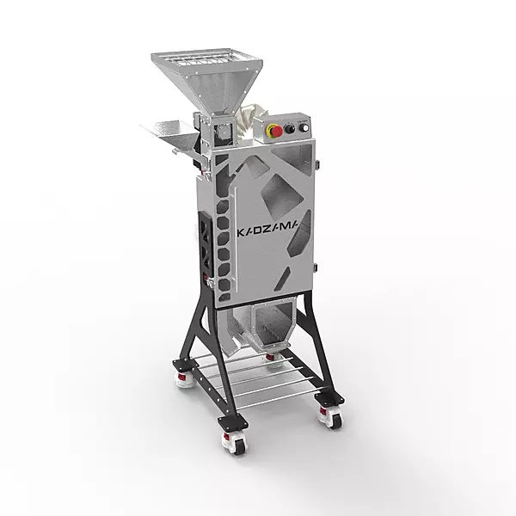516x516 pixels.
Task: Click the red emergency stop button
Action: pyautogui.click(x=276, y=131)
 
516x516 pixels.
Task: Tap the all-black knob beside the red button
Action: pyautogui.click(x=290, y=129)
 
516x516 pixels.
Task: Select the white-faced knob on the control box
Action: pyautogui.click(x=304, y=127)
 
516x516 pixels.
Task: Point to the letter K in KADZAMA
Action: pyautogui.click(x=241, y=233)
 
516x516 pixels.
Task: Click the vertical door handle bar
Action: pyautogui.click(x=235, y=240)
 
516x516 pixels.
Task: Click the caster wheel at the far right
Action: pyautogui.click(x=331, y=416)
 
